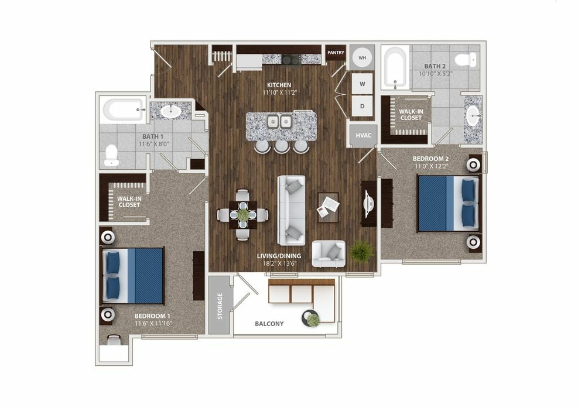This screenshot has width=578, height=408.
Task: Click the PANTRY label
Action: tap(336, 53)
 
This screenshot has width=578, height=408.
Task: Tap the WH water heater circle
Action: tap(362, 58)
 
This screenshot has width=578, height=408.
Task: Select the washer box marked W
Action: tap(362, 84)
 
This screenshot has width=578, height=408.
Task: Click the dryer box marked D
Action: tap(362, 106)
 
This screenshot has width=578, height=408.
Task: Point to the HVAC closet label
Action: tap(364, 135)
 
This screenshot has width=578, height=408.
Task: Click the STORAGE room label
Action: tap(220, 306)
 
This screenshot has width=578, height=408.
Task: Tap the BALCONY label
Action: tap(269, 324)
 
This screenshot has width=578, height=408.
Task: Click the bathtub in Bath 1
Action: tap(123, 109)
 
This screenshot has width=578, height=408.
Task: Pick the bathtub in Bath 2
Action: tap(395, 68)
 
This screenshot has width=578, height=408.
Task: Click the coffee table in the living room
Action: tap(328, 207)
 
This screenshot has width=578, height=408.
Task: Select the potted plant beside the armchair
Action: tap(361, 251)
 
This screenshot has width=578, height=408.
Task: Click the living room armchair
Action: tap(329, 253)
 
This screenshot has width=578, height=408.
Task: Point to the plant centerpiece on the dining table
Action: tap(243, 214)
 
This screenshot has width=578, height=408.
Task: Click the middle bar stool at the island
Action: tap(282, 146)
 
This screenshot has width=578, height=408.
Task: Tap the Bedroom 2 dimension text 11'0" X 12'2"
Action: tap(431, 166)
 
